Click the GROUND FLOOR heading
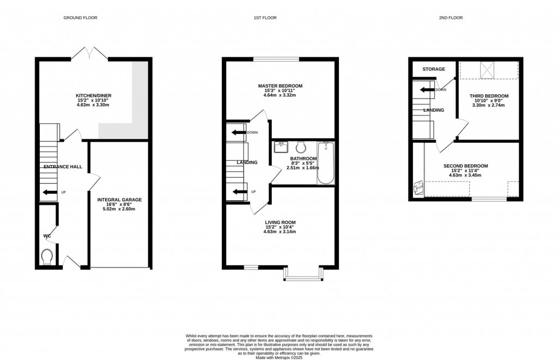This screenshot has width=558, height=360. [x=80, y=18]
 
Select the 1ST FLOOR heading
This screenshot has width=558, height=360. [x=265, y=18]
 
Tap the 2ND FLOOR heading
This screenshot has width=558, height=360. [x=451, y=18]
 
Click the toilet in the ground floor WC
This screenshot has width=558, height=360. [x=47, y=255]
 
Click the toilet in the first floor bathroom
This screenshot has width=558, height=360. [x=300, y=147]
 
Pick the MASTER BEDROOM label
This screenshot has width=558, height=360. [x=280, y=86]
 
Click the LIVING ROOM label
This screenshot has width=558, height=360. [x=280, y=222]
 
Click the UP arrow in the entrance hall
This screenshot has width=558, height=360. [x=50, y=192]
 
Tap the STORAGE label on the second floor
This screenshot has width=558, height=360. [x=434, y=69]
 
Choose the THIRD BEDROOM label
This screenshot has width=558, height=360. [x=489, y=96]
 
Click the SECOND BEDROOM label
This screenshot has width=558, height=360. [x=465, y=166]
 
